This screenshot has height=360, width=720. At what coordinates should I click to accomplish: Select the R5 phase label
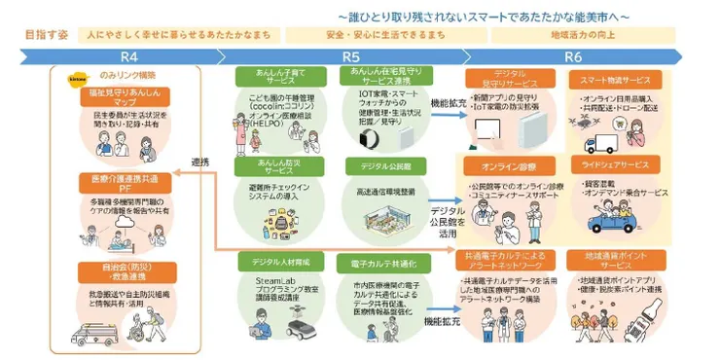click(351, 56)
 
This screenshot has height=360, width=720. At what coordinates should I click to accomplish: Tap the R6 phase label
click(574, 56)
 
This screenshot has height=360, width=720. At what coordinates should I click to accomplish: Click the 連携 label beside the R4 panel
click(200, 162)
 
